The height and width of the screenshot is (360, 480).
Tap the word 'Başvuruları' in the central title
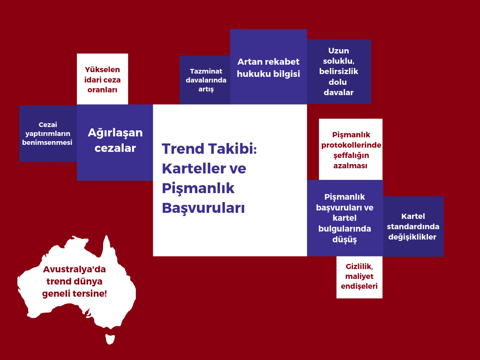click(203, 208)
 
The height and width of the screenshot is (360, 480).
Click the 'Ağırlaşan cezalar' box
click(115, 142)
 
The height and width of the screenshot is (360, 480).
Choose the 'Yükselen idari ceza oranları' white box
click(102, 79)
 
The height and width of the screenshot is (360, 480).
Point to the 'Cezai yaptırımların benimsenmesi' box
click(48, 134)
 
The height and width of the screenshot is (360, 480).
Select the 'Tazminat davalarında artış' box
click(205, 80)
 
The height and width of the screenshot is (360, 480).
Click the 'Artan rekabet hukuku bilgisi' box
click(269, 67)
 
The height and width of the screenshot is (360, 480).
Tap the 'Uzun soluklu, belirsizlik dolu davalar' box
click(339, 72)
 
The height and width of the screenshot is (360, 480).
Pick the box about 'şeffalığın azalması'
click(351, 150)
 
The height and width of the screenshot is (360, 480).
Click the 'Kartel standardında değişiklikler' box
click(413, 226)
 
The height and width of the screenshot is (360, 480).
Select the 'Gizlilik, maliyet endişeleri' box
click(360, 277)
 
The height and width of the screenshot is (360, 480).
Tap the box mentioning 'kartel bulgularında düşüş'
click(345, 218)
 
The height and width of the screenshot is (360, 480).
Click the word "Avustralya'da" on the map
click(75, 270)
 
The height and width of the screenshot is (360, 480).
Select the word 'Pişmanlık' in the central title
click(198, 188)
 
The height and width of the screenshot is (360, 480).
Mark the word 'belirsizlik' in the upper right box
click(338, 71)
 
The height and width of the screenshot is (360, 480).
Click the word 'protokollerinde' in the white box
click(351, 145)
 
